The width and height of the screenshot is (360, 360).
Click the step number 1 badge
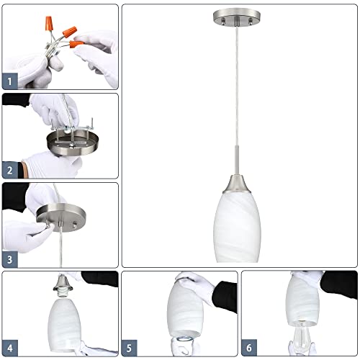[10, 81]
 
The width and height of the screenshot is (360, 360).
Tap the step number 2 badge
[10, 171]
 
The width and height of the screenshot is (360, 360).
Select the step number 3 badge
[10, 260]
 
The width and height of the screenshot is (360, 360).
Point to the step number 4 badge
[10, 348]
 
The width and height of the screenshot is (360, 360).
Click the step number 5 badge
[130, 348]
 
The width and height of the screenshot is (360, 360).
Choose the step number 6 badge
[249, 348]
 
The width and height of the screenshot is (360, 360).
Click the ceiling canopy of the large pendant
[239, 17]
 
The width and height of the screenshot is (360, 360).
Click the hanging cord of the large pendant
[239, 86]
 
